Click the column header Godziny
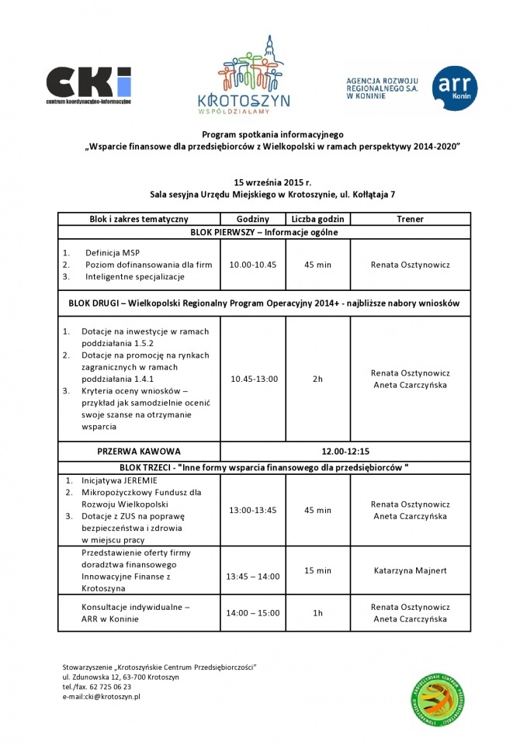coord(253,220)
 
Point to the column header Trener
coord(410,220)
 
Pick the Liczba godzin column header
coord(317,220)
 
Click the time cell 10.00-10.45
coord(253,265)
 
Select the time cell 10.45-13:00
coord(254,379)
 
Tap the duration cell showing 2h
coord(317,379)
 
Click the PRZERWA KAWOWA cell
coord(139,451)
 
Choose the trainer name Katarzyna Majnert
coord(410,570)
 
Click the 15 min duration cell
coord(317,570)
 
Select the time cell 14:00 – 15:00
coord(253,613)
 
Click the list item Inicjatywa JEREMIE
coord(119,480)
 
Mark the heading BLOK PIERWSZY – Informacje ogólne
coord(264,232)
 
